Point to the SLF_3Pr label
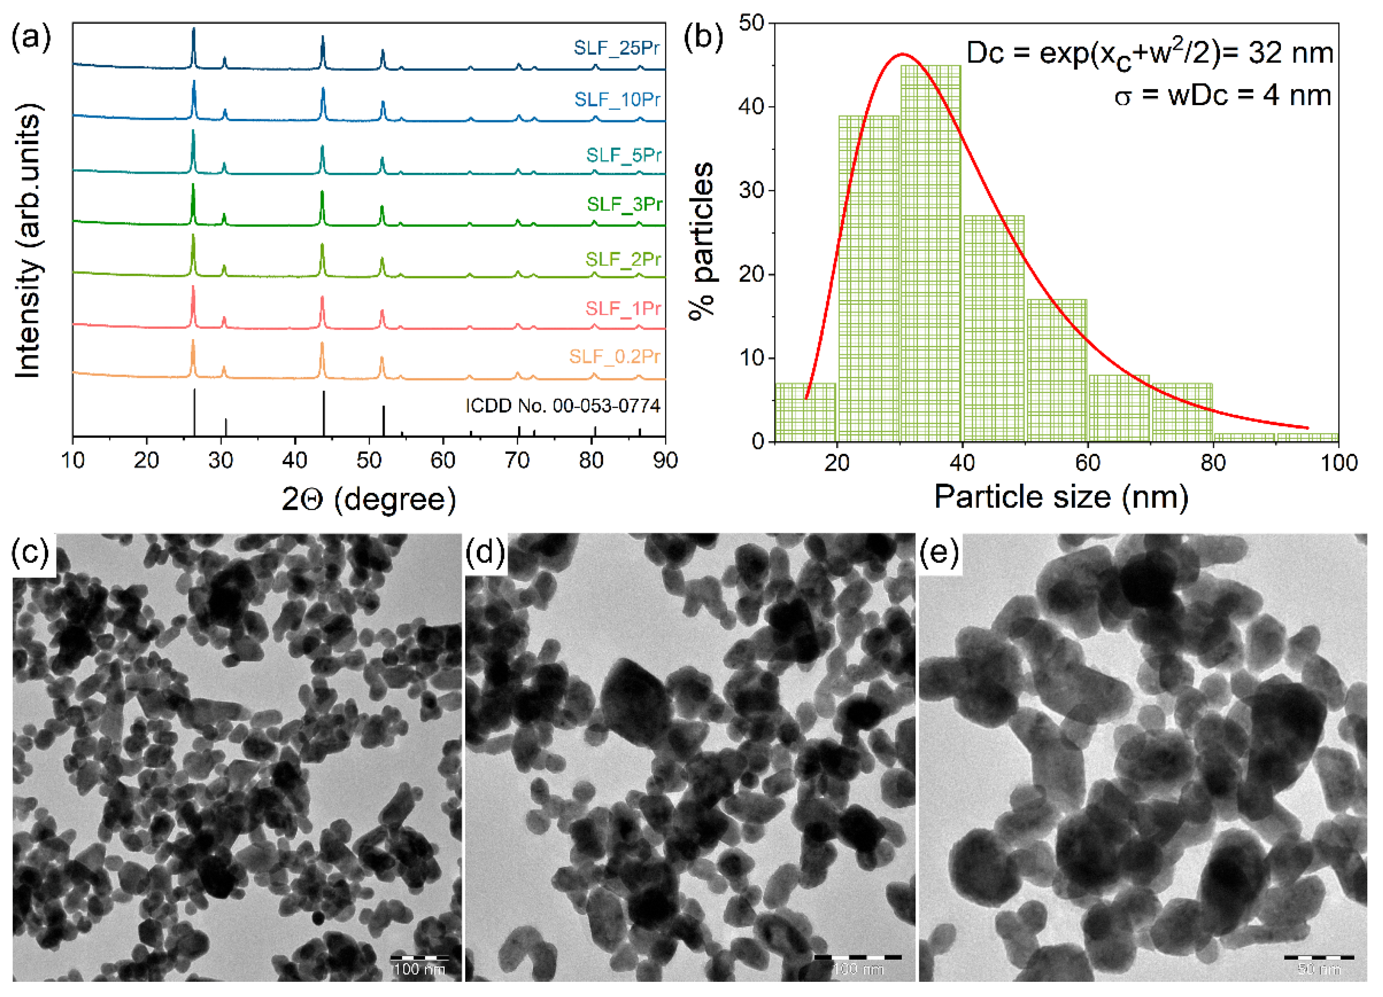pyautogui.click(x=624, y=204)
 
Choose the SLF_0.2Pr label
pyautogui.click(x=615, y=356)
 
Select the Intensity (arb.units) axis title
pyautogui.click(x=28, y=241)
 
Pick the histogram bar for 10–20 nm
pyautogui.click(x=805, y=412)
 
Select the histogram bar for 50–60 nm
pyautogui.click(x=1057, y=370)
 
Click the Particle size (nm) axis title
pyautogui.click(x=1061, y=497)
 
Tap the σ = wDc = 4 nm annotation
pyautogui.click(x=1222, y=96)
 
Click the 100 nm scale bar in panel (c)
pyautogui.click(x=419, y=957)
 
